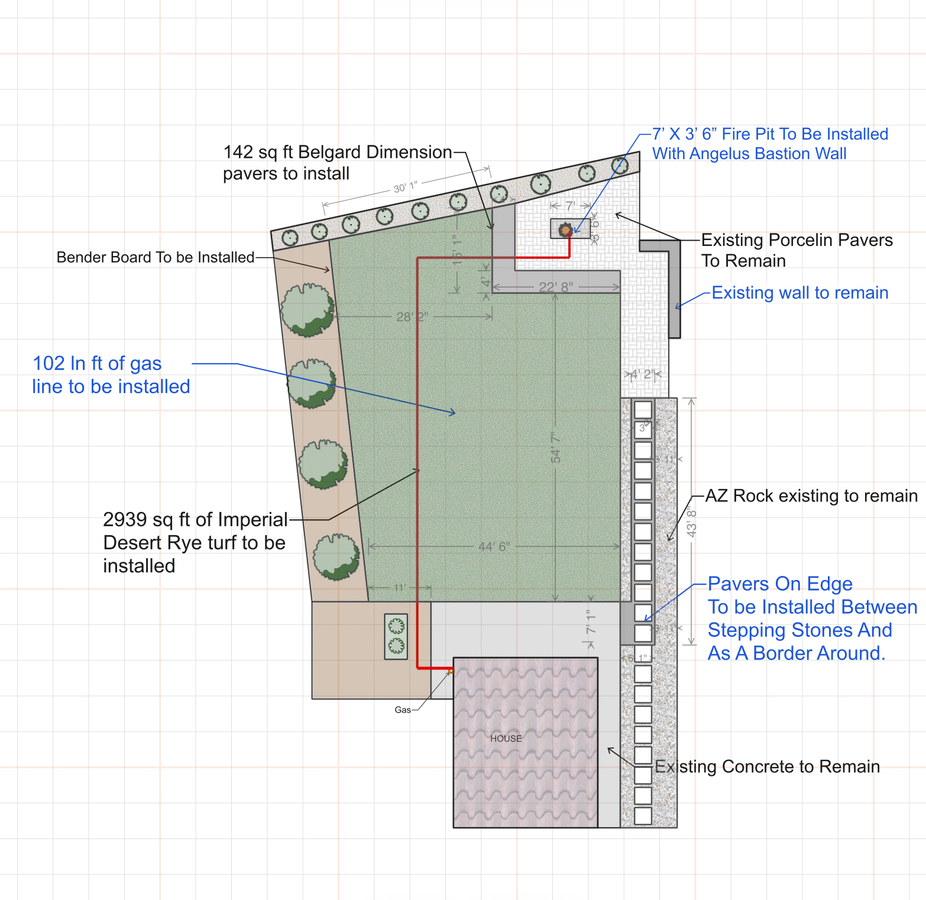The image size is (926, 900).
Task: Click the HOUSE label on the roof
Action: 506,739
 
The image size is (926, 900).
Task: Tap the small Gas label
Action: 403,710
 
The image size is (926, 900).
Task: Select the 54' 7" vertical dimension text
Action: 556,448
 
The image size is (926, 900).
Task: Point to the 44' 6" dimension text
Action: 494,546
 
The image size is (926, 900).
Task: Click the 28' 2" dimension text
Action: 412,317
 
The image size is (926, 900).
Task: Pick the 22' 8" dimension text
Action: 556,287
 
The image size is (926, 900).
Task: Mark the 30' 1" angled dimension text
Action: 406,187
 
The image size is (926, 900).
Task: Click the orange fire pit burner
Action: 566,230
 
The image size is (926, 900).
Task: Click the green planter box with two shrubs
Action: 396,636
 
